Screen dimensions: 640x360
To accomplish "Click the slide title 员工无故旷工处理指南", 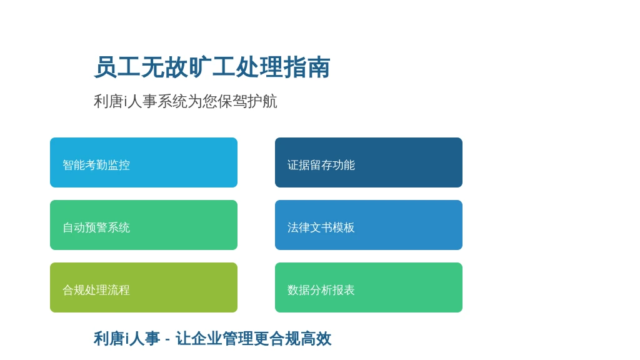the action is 212,67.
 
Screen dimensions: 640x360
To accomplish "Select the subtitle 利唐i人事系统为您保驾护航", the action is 185,101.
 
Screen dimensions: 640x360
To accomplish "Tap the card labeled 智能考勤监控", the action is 144,162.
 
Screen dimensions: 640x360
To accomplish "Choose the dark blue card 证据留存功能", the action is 369,162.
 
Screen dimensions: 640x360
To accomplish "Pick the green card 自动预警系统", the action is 144,225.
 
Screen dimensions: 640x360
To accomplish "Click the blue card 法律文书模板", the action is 369,225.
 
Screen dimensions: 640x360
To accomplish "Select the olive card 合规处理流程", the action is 144,287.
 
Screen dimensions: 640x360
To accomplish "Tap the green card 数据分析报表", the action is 369,287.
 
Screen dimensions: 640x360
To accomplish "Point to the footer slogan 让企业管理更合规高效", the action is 254,339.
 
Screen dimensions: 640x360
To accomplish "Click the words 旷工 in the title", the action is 212,67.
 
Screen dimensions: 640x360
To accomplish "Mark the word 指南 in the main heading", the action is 307,67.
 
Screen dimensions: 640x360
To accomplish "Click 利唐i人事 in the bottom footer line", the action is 127,339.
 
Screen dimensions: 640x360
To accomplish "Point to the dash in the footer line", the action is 167,339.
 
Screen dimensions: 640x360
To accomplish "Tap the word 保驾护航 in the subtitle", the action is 247,101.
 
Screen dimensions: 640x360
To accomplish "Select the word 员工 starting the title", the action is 117,67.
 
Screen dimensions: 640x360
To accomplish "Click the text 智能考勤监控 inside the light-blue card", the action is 96,165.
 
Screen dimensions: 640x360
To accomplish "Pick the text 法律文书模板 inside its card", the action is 321,227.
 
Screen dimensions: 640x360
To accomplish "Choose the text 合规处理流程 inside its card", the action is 96,290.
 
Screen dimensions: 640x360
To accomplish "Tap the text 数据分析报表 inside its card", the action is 321,290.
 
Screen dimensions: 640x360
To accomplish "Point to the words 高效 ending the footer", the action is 316,339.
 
